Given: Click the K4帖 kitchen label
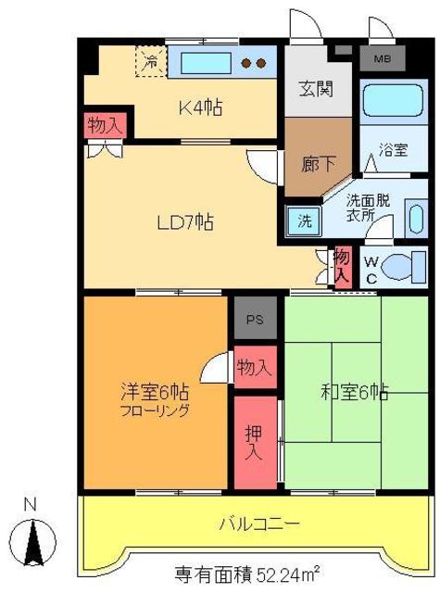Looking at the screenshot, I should tap(200, 105).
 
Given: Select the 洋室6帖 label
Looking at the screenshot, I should tap(149, 391).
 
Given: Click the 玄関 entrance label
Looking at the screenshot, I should tap(317, 90).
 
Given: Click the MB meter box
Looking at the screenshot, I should tap(382, 61).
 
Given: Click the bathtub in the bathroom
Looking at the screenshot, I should tap(387, 107).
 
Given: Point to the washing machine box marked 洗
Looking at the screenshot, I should tap(303, 222).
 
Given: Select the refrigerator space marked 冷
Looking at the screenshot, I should tap(149, 63).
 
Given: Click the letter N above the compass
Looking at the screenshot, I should tap(30, 505).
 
